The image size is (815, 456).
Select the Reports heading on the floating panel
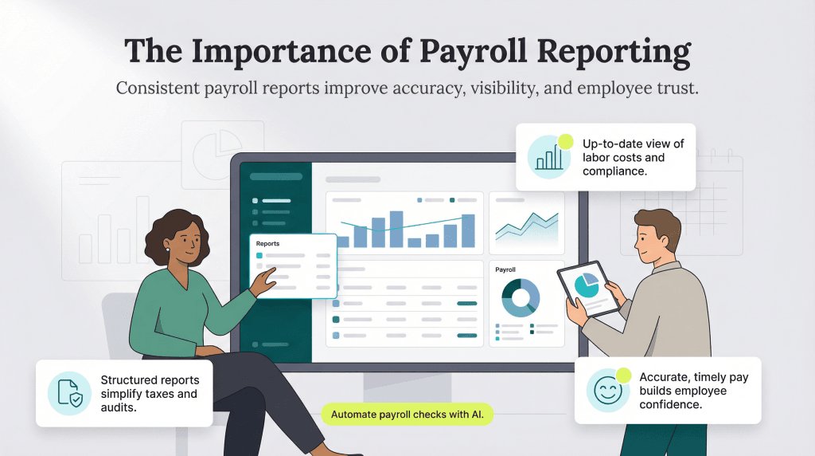pyautogui.click(x=268, y=243)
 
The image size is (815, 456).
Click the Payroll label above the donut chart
pyautogui.click(x=505, y=270)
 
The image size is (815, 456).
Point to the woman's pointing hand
pyautogui.click(x=263, y=281)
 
